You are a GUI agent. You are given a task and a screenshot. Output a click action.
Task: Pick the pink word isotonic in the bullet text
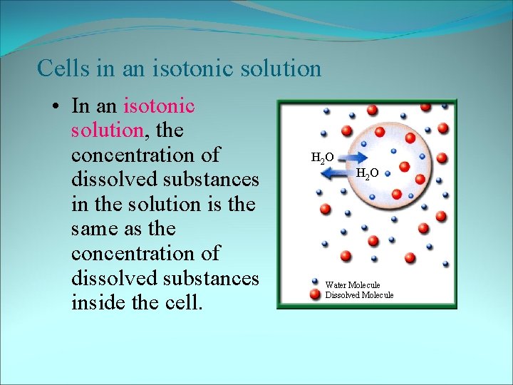[159, 106]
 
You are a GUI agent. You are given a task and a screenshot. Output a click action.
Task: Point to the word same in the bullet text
[95, 229]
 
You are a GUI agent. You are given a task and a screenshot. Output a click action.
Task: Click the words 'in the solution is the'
[164, 204]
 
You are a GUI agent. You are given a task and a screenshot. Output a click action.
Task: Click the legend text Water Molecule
[353, 285]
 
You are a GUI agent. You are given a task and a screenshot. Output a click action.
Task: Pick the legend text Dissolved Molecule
[359, 295]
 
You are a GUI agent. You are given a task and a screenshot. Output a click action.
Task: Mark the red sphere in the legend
[314, 294]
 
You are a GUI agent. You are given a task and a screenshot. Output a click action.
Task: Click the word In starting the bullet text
[81, 106]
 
